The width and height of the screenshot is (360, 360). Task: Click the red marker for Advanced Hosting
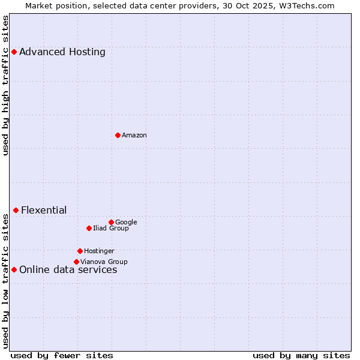click(14, 52)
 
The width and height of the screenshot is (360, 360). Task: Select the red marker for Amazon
click(118, 135)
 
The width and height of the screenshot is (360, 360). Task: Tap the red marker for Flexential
click(16, 210)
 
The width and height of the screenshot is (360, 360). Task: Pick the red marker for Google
click(111, 222)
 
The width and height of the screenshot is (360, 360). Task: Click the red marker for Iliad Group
click(89, 228)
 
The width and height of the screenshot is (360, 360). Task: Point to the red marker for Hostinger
click(80, 251)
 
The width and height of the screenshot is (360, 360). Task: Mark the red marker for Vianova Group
click(76, 262)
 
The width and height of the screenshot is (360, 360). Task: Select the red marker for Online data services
click(14, 269)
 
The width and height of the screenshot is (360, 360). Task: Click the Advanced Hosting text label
click(62, 52)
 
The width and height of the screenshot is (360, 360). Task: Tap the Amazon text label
click(134, 136)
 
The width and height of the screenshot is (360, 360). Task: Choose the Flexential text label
click(44, 210)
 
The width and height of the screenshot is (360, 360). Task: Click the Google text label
click(126, 223)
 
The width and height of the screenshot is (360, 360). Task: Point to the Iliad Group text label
click(111, 229)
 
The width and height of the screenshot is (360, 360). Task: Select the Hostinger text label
click(99, 251)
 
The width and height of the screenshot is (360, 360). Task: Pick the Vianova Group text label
click(104, 262)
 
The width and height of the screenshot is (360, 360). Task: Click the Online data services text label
click(68, 270)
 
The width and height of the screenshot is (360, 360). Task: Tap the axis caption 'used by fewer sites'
click(62, 355)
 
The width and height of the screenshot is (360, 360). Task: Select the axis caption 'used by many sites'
click(301, 355)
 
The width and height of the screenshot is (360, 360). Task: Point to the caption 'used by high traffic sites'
click(5, 85)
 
